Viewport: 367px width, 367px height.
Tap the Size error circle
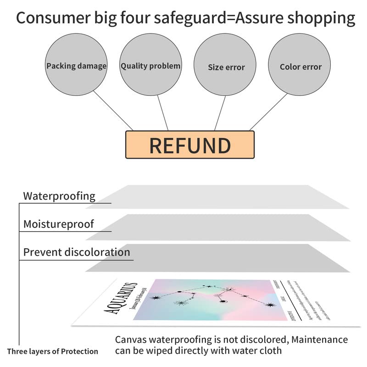tap(226, 67)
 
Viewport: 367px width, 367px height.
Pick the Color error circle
tap(300, 67)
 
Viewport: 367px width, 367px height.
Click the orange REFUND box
tap(189, 145)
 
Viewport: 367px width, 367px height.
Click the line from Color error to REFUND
tap(268, 112)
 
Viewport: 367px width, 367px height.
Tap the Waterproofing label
tap(59, 196)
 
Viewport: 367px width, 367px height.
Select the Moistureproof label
tap(58, 224)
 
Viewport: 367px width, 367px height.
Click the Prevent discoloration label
tap(77, 252)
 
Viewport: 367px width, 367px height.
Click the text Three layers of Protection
tap(52, 351)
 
